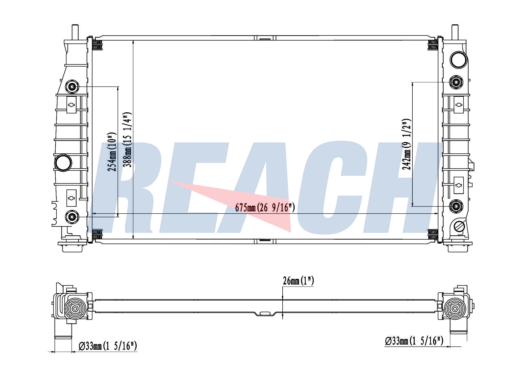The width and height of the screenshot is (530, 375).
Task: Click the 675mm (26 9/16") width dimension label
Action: (x=265, y=208)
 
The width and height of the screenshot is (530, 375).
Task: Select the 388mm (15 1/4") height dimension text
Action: (x=128, y=140)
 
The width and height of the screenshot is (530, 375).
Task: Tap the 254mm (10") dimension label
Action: (x=112, y=152)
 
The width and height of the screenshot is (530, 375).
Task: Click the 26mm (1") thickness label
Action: (x=298, y=281)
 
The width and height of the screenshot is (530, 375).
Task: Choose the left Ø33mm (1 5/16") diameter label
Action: (x=108, y=346)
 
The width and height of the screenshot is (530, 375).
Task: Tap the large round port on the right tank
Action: (x=458, y=60)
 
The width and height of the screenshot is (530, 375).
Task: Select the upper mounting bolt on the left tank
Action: (x=72, y=87)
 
